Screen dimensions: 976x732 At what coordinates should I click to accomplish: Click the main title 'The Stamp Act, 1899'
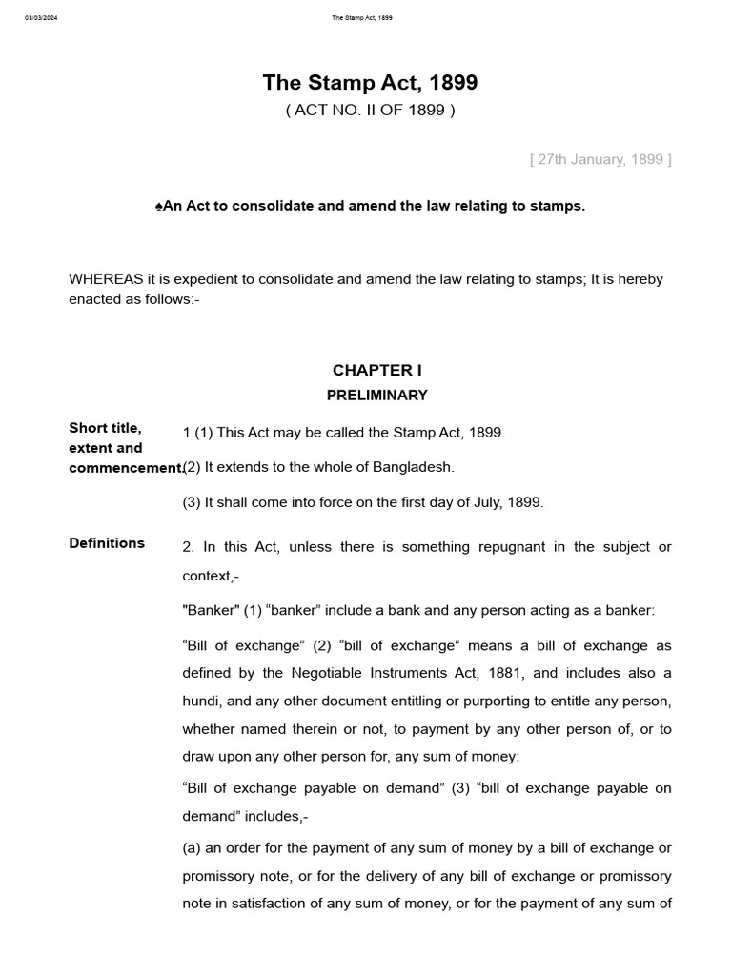(x=370, y=83)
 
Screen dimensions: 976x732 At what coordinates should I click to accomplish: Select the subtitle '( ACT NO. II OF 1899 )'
(x=370, y=111)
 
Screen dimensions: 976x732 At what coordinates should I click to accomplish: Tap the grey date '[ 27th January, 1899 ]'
(x=600, y=159)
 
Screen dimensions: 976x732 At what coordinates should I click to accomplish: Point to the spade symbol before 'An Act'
(x=158, y=206)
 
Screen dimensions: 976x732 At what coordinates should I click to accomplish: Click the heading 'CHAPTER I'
(x=376, y=370)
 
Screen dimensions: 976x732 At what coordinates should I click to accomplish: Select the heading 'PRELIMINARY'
(x=376, y=395)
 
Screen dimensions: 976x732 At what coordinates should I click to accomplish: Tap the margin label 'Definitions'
(x=107, y=543)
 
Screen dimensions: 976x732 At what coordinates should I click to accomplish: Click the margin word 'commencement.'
(x=125, y=468)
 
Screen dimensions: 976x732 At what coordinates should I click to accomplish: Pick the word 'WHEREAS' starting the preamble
(x=106, y=279)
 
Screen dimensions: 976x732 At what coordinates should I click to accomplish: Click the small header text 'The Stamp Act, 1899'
(x=362, y=18)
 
